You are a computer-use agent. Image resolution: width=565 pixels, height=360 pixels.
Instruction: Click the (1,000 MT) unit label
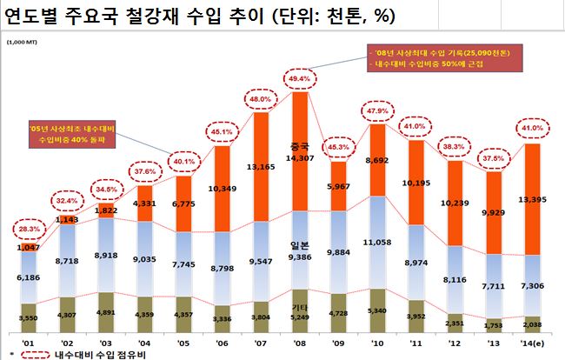[x=22, y=41]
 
